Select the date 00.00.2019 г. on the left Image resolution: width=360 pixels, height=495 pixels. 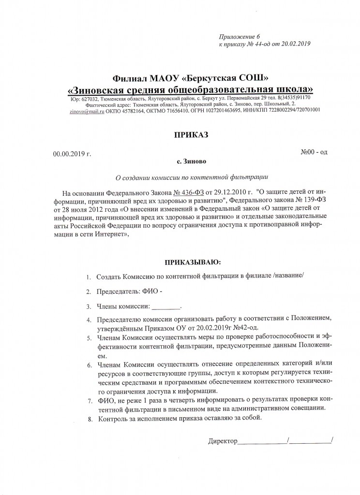point(72,154)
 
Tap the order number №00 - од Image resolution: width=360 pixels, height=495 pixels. point(315,152)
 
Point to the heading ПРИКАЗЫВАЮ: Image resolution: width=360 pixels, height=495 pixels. point(193,262)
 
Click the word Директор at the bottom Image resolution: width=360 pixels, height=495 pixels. point(223,441)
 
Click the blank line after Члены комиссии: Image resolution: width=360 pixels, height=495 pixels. point(166,306)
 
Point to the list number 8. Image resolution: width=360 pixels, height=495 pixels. point(89,419)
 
